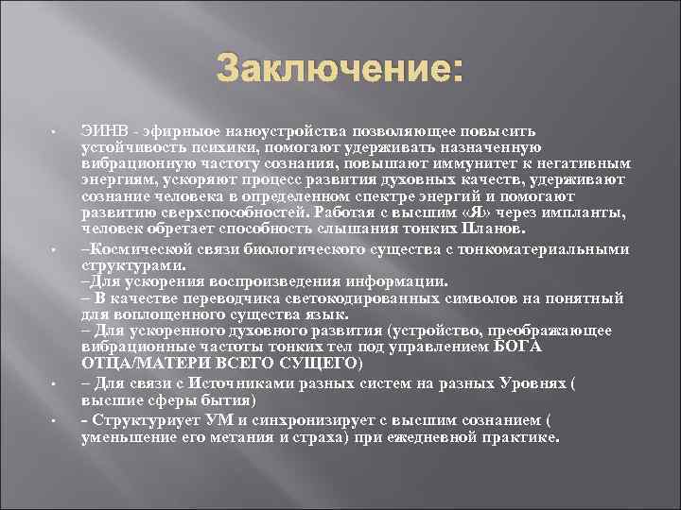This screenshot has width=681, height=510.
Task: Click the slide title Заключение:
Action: [x=340, y=69]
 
